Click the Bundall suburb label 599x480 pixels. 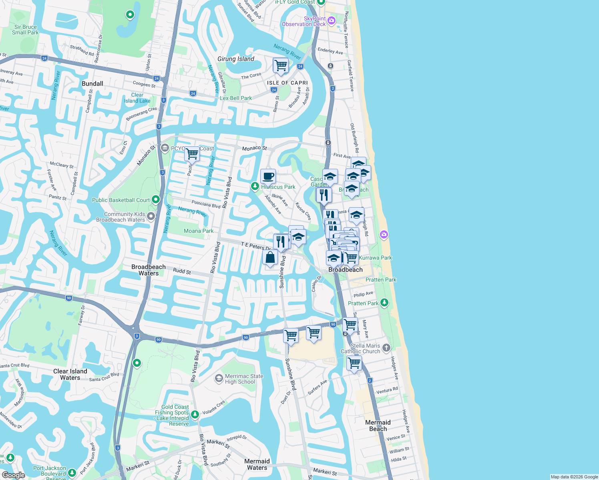pos(92,84)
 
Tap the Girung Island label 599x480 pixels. pos(236,59)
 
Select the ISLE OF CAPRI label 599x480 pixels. pos(287,83)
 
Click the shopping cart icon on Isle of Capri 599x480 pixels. pos(281,65)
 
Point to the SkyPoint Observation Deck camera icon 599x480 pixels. pos(332,20)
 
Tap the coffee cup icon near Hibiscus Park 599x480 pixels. pos(268,176)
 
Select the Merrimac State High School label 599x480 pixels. pos(244,379)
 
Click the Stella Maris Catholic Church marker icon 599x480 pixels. pos(386,348)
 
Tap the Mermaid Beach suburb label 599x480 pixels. pos(378,426)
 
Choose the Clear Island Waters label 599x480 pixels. pos(70,374)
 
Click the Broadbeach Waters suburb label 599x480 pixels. pos(149,270)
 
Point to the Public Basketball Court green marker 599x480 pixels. pos(156,199)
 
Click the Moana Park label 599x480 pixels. pos(199,231)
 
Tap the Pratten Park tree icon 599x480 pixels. pos(384,302)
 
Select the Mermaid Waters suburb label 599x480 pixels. pos(257,464)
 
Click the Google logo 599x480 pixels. pos(13,475)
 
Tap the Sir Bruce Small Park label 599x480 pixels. pos(25,30)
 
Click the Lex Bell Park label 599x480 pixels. pos(236,98)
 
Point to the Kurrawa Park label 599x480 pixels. pos(375,258)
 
